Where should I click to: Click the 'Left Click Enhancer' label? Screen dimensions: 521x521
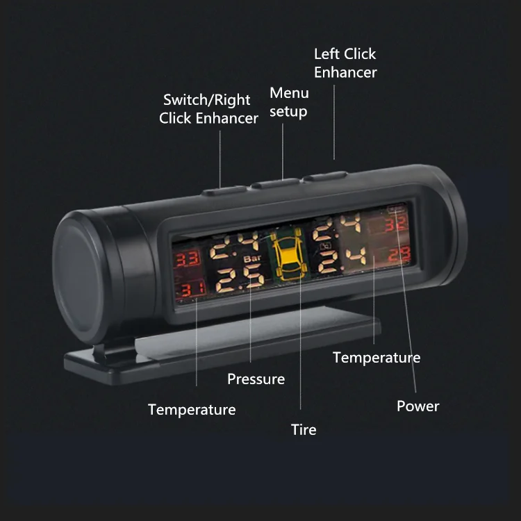tap(345, 63)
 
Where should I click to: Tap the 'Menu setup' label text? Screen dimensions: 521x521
tap(289, 101)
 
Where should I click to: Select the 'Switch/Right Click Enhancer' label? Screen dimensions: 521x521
tap(208, 109)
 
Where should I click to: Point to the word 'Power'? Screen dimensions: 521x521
tap(417, 406)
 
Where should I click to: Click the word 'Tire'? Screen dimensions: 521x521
tap(304, 430)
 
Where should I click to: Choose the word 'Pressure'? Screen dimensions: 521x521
tap(256, 379)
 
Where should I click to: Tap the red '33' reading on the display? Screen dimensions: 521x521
tap(185, 260)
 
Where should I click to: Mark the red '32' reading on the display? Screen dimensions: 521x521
tap(395, 223)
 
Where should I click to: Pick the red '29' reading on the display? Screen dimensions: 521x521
tap(399, 255)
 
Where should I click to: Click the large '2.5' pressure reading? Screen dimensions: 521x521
tap(240, 279)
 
